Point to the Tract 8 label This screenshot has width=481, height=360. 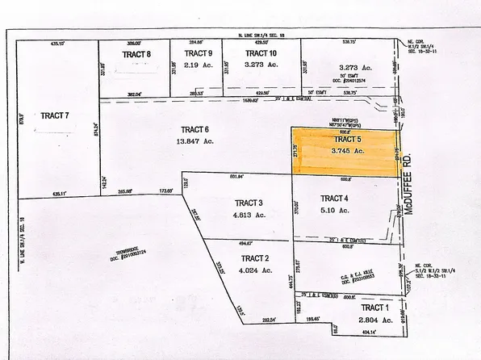(137, 54)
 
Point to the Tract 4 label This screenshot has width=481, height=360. (334, 199)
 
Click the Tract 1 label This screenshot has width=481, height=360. (374, 308)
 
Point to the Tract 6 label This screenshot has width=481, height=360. (194, 129)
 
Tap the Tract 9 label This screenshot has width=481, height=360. (198, 53)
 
